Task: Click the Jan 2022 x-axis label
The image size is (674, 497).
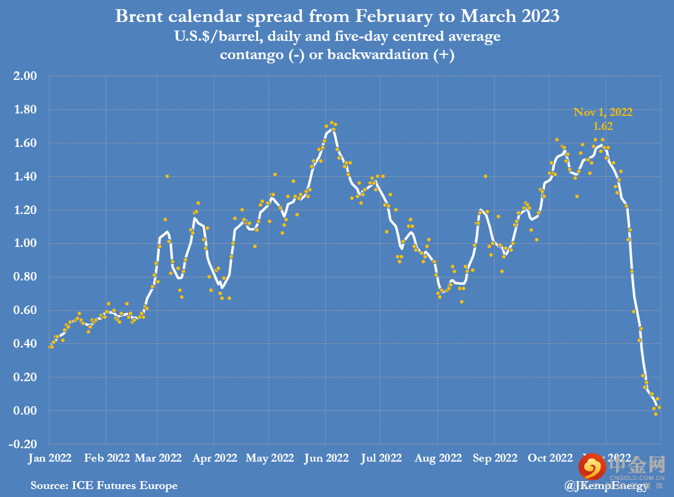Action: (x=50, y=458)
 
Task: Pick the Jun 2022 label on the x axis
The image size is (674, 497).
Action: (x=326, y=458)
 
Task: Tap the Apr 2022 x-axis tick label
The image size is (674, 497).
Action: (x=214, y=458)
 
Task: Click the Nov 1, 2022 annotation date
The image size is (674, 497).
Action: (x=603, y=112)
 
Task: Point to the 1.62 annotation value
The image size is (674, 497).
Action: (x=603, y=127)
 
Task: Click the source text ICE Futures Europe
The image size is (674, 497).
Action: (x=104, y=485)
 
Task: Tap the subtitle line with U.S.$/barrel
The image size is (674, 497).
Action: (x=337, y=37)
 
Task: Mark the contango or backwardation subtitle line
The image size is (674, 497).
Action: (x=337, y=54)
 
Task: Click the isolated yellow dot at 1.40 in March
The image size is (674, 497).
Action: (x=167, y=176)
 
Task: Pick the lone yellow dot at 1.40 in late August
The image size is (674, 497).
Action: (x=486, y=176)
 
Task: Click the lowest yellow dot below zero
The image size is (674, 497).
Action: (x=656, y=414)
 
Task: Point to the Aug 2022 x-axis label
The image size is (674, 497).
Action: (x=438, y=458)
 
